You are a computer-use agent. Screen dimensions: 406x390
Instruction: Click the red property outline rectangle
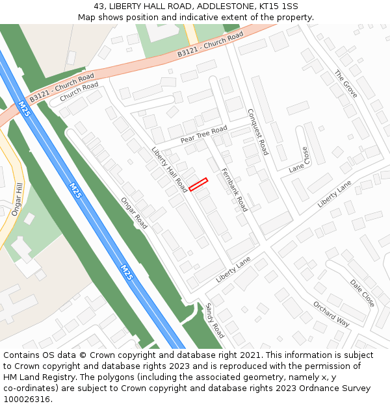[198, 184]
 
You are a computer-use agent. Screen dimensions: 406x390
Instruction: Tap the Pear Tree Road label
[203, 134]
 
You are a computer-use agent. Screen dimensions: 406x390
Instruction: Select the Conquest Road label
[258, 131]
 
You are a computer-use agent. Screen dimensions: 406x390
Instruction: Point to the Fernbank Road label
[235, 190]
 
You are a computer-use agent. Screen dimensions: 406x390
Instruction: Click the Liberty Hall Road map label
[170, 170]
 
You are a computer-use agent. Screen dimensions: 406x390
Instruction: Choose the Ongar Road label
[134, 213]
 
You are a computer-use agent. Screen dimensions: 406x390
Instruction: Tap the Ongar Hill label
[18, 199]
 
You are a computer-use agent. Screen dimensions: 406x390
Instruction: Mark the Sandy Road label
[215, 320]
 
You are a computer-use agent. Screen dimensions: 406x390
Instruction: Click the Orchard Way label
[331, 314]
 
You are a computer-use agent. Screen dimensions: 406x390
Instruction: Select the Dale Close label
[362, 294]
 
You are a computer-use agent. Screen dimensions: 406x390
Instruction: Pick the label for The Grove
[346, 84]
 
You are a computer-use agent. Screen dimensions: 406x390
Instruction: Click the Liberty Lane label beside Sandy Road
[233, 270]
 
